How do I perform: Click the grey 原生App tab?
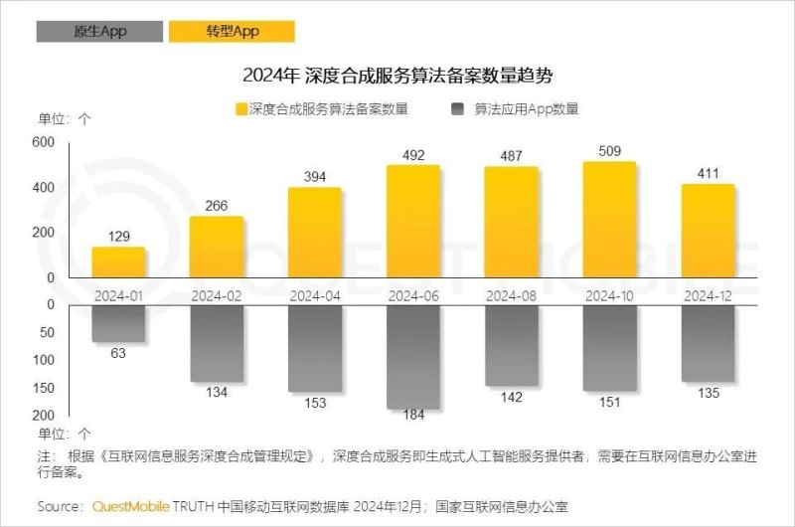pyautogui.click(x=86, y=32)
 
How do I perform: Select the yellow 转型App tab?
pyautogui.click(x=233, y=32)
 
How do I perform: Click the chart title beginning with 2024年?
pyautogui.click(x=397, y=76)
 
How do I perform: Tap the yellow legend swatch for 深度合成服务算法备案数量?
pyautogui.click(x=240, y=109)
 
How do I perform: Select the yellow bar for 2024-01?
pyautogui.click(x=118, y=263)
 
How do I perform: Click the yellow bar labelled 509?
pyautogui.click(x=609, y=221)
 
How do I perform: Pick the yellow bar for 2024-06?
pyautogui.click(x=412, y=223)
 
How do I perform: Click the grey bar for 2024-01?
pyautogui.click(x=118, y=324)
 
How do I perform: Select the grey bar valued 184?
pyautogui.click(x=412, y=357)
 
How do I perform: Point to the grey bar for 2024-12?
pyautogui.click(x=708, y=343)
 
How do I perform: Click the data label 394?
pyautogui.click(x=315, y=176)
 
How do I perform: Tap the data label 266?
pyautogui.click(x=217, y=206)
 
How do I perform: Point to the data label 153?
pyautogui.click(x=315, y=401)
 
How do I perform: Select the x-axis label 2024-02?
pyautogui.click(x=217, y=295)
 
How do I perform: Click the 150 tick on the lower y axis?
pyautogui.click(x=44, y=388)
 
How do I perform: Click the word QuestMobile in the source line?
pyautogui.click(x=131, y=506)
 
